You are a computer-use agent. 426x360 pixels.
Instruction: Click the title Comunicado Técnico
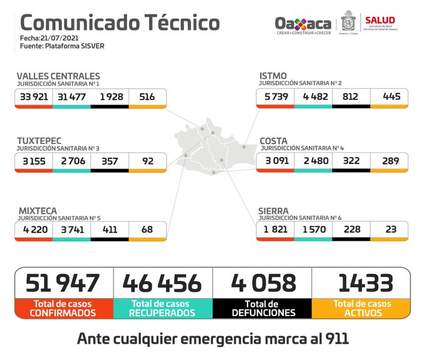pos(120,23)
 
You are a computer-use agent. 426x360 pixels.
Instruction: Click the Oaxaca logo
pos(303,24)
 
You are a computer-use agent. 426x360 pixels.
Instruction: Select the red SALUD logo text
pos(380,20)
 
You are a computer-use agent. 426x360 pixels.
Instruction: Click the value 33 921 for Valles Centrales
pos(34,97)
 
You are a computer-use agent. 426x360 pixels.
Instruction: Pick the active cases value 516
pos(147,97)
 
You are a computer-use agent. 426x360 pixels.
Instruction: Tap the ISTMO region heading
pos(273,76)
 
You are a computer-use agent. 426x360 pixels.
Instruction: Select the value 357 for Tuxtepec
pos(110,161)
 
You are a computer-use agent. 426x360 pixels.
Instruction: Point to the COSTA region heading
pos(274,141)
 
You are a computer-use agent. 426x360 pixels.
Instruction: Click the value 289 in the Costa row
pos(389,161)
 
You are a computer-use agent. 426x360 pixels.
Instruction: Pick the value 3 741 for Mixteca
pos(71,230)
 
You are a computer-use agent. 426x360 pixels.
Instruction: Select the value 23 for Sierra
pos(389,230)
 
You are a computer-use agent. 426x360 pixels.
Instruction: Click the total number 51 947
pos(63,283)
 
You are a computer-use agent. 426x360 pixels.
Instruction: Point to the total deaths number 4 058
pos(262,283)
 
